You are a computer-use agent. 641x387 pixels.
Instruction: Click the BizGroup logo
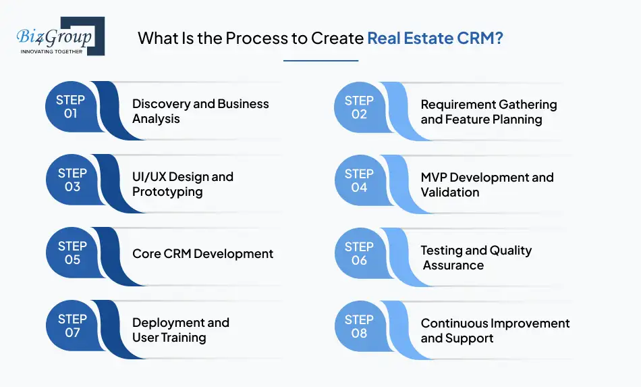(x=59, y=36)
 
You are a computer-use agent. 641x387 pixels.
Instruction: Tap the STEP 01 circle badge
(x=71, y=107)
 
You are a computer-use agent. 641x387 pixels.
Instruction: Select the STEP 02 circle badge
(x=359, y=107)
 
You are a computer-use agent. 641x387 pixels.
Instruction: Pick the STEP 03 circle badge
(x=72, y=180)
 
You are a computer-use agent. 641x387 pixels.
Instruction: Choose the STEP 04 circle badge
(x=359, y=180)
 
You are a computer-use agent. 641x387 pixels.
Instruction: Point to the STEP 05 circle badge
(x=72, y=253)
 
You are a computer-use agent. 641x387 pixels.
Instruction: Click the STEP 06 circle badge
(x=359, y=253)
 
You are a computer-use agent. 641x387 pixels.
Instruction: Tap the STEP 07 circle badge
(x=72, y=326)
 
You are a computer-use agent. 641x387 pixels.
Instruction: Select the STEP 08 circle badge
(x=359, y=326)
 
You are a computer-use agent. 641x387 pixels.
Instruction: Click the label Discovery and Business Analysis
(x=200, y=111)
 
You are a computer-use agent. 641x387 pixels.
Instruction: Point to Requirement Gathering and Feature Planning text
(x=489, y=112)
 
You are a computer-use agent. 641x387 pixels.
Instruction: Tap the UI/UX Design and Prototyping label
(x=183, y=184)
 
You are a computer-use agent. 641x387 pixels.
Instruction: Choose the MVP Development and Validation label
(x=486, y=184)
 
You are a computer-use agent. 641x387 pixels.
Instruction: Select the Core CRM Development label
(x=202, y=254)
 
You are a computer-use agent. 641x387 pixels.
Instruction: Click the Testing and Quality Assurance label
(x=476, y=258)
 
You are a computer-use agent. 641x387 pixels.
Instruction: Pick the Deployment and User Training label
(x=180, y=330)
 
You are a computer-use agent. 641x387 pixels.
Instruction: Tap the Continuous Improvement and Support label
(x=495, y=331)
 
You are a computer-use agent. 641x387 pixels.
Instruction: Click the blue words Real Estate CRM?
(x=435, y=38)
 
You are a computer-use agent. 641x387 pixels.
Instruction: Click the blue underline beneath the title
(x=320, y=61)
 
